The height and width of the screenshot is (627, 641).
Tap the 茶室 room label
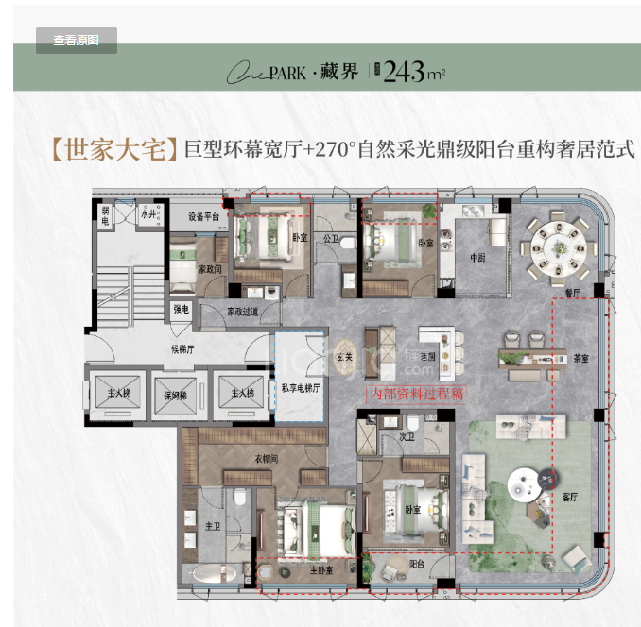(580, 357)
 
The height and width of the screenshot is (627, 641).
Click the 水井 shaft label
(148, 215)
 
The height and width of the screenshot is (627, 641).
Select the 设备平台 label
(202, 216)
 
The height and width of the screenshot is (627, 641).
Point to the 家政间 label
(210, 269)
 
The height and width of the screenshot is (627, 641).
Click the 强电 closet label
(182, 309)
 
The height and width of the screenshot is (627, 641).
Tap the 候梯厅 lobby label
(183, 347)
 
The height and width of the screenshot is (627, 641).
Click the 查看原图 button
(77, 41)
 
